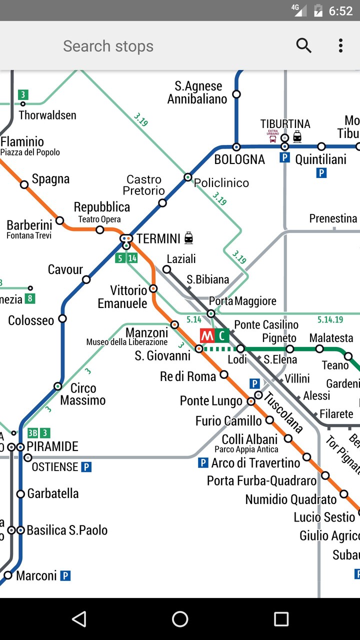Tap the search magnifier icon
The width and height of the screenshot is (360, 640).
(x=303, y=45)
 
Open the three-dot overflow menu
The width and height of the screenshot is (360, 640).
(x=340, y=45)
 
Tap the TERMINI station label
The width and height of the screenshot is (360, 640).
(x=158, y=238)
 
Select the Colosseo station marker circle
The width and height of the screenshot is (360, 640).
(x=62, y=318)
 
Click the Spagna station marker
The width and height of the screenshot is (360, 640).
(x=24, y=184)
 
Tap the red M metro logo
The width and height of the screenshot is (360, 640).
(x=207, y=335)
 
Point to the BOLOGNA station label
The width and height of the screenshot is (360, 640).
(x=239, y=159)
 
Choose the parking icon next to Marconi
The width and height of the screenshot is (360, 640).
(x=65, y=575)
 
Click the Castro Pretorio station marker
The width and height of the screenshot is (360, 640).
(x=162, y=202)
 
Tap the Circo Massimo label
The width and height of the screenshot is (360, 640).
(x=82, y=394)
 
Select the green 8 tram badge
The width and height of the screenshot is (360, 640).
(x=30, y=299)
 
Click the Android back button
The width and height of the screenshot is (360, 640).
(x=79, y=619)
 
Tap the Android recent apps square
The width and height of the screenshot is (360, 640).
(x=281, y=619)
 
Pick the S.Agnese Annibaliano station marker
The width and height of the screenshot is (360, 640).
(x=236, y=94)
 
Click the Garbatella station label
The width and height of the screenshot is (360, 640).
(x=52, y=493)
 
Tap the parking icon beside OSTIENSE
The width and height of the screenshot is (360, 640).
(x=86, y=467)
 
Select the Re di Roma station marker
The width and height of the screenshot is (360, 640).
(x=224, y=374)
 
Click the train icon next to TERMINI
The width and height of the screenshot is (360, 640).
(x=188, y=238)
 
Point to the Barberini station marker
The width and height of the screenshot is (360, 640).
(x=59, y=220)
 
